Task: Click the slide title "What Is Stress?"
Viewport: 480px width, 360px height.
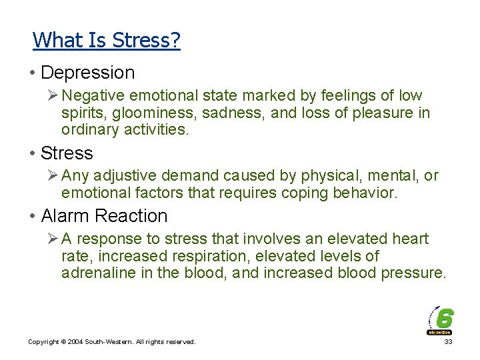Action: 107,41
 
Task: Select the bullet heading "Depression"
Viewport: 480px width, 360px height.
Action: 87,73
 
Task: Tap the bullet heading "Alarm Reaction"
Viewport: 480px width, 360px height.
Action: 104,216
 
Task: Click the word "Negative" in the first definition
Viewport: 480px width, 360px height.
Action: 96,96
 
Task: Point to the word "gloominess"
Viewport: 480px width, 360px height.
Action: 152,113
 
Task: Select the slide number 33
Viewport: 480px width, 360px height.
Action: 447,342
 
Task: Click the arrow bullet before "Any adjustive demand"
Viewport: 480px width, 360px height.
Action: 52,176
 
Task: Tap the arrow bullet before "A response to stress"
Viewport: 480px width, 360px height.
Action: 52,239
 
